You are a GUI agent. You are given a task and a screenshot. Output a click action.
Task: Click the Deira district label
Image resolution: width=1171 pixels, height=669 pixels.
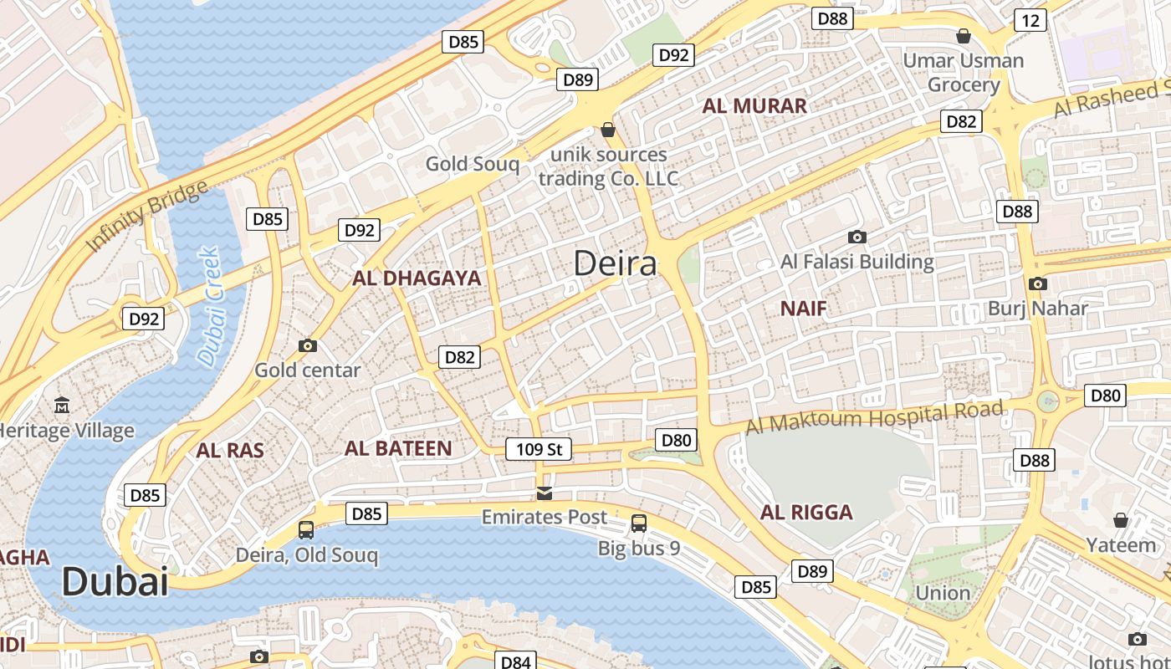tap(615, 263)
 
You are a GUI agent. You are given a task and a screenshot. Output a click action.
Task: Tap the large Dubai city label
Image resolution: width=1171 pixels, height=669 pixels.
tap(115, 581)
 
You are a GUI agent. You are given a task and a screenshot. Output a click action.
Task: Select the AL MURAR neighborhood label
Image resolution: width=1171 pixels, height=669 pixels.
tap(754, 106)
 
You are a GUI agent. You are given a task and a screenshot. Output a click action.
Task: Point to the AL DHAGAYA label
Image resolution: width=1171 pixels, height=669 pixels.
tap(417, 278)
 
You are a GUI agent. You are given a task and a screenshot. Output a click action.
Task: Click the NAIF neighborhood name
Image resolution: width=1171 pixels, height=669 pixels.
tap(803, 309)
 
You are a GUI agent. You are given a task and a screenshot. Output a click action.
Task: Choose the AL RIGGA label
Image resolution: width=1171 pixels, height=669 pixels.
tap(806, 513)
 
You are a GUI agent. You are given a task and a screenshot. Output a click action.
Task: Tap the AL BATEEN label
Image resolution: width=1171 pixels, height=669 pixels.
tap(398, 448)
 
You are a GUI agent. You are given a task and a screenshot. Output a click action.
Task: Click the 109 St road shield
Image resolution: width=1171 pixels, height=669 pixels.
tap(539, 449)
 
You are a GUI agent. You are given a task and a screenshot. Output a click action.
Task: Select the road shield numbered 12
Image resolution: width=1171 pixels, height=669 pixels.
tap(1030, 20)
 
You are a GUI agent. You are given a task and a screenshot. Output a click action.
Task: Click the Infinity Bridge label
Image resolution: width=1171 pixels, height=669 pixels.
tap(148, 215)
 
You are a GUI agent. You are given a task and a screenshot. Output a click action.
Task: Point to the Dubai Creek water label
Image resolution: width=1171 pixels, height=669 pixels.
tap(208, 305)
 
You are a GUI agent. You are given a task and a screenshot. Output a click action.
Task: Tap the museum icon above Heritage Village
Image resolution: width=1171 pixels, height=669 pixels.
tap(62, 406)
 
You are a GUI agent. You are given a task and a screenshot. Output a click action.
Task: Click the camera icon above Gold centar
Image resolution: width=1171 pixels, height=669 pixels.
tap(308, 345)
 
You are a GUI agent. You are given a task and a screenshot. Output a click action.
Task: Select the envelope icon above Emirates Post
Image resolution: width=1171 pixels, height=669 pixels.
tap(545, 493)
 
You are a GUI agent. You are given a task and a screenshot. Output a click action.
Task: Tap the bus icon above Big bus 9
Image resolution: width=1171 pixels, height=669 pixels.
tap(639, 523)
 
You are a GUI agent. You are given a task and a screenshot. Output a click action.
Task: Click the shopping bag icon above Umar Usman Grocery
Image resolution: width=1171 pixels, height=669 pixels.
tap(964, 36)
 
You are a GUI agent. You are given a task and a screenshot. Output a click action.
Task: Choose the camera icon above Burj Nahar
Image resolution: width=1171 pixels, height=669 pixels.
tap(1038, 283)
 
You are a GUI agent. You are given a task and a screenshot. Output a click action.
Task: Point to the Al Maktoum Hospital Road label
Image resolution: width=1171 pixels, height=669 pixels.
tap(873, 417)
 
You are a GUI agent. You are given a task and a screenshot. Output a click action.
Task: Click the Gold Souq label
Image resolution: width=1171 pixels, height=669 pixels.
tap(472, 164)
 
